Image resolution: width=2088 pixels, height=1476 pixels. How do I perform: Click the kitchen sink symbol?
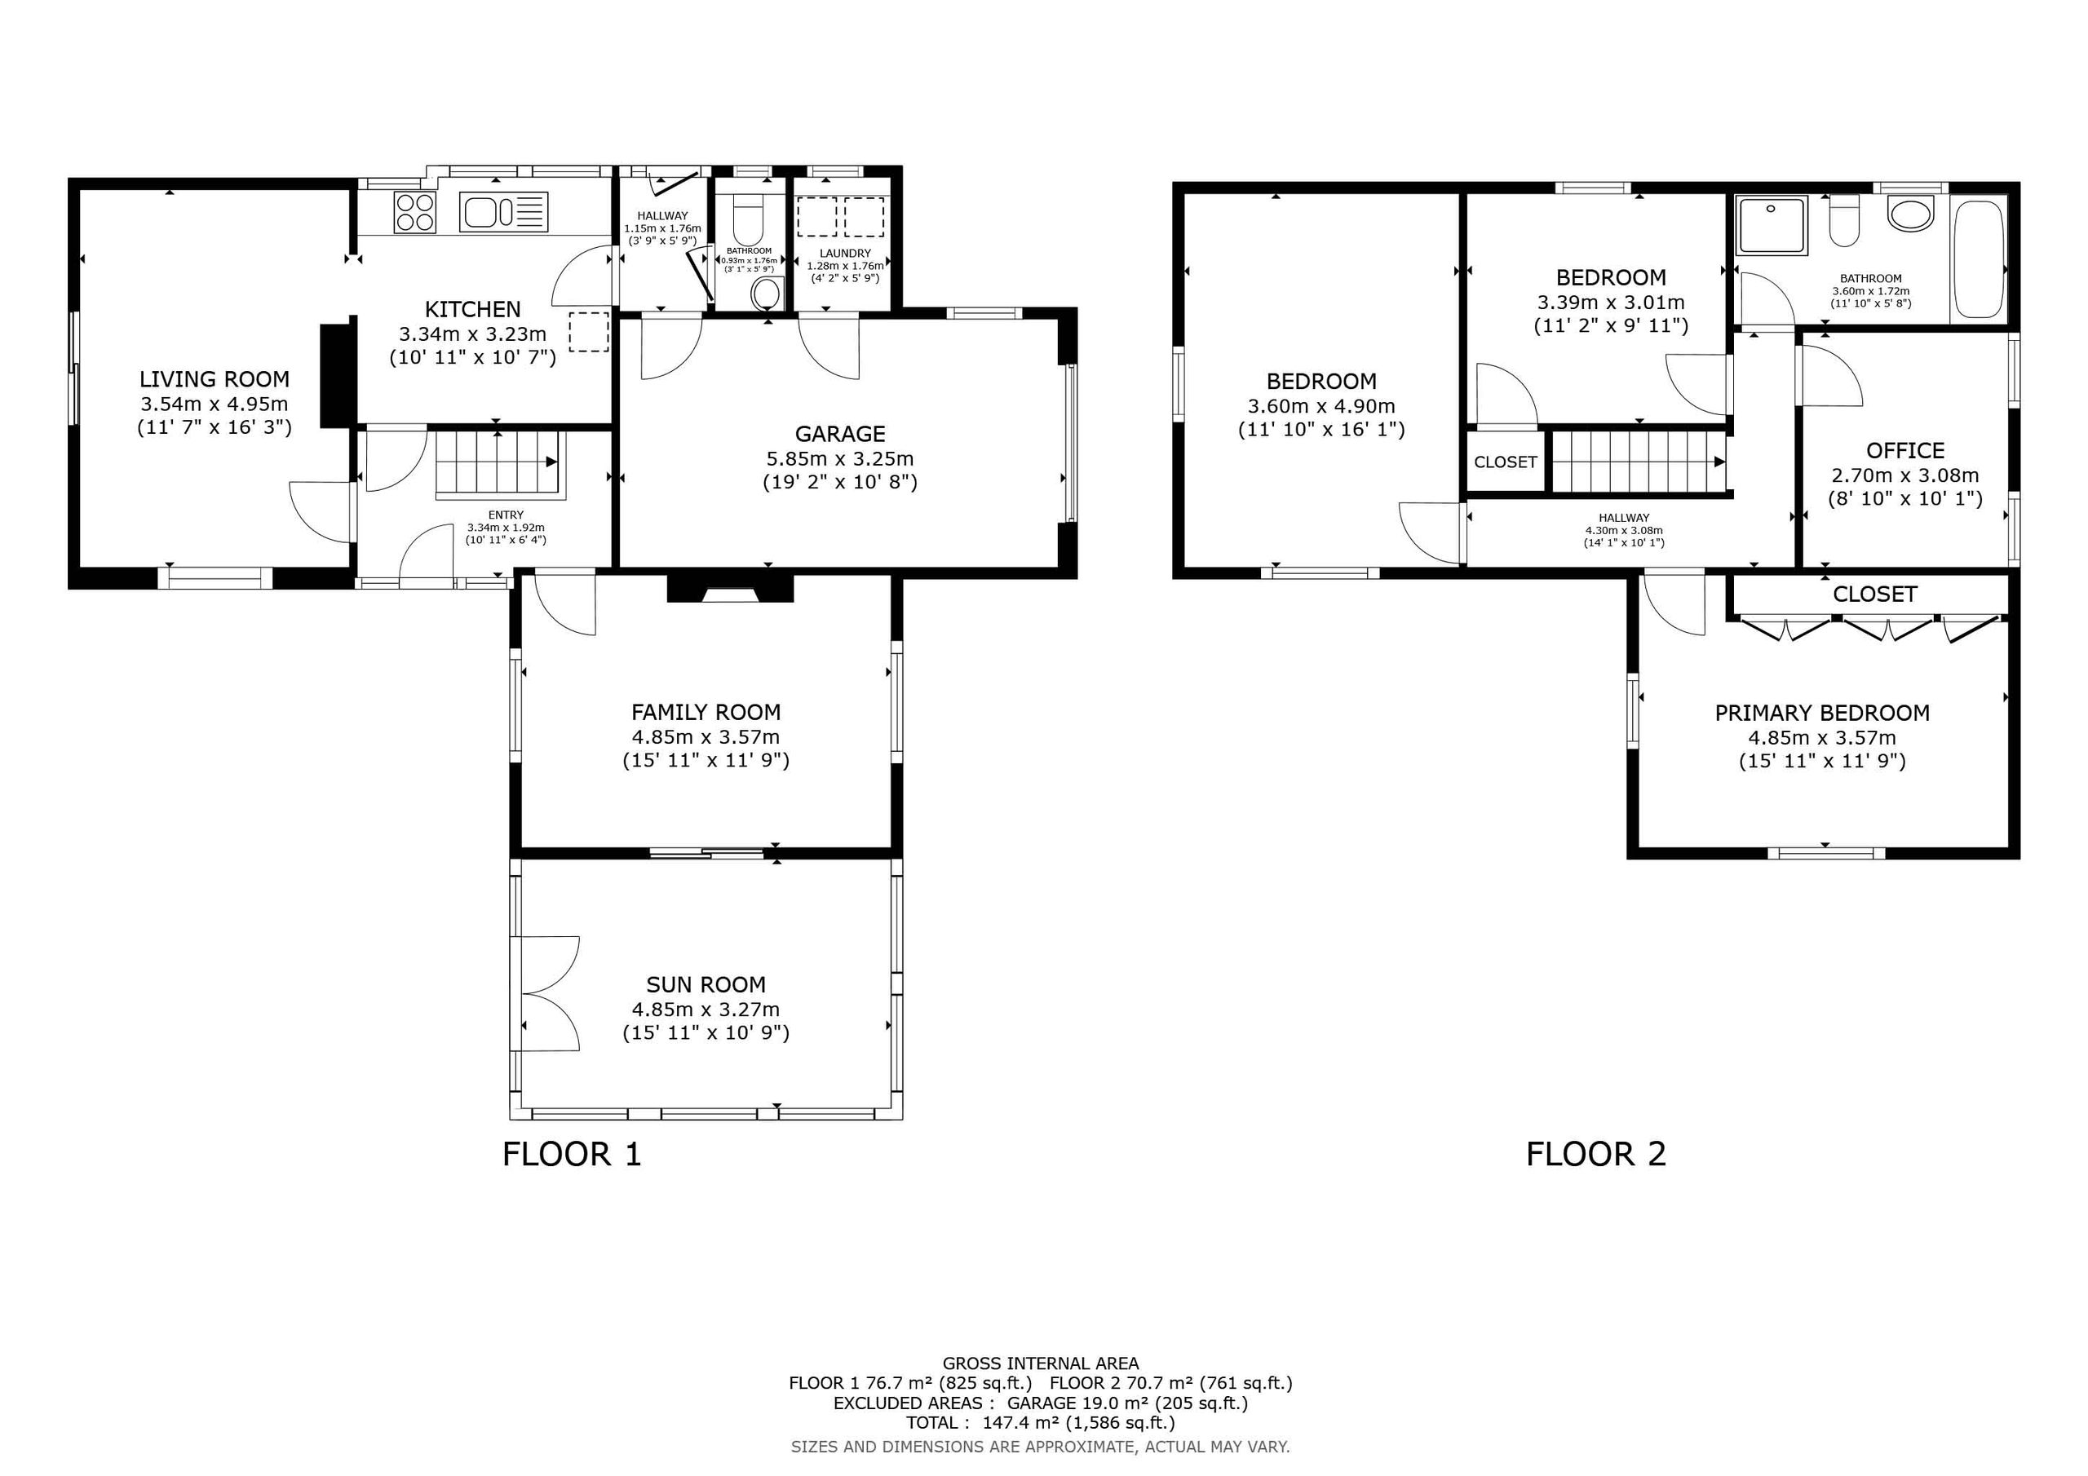[x=504, y=213]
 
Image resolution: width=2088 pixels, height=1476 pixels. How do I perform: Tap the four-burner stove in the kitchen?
[x=414, y=213]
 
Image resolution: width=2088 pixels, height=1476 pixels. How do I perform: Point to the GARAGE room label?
[x=839, y=434]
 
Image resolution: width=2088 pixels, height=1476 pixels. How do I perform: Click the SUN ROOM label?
[x=706, y=984]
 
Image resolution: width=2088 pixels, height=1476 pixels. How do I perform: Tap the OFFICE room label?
[x=1905, y=450]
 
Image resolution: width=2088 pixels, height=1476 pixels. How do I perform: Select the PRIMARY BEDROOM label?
[x=1822, y=713]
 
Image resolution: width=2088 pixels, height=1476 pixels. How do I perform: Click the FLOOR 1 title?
[x=572, y=1154]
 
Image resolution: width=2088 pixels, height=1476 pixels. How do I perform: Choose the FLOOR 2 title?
[x=1596, y=1154]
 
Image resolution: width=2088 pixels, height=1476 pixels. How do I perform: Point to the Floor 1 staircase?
[x=499, y=465]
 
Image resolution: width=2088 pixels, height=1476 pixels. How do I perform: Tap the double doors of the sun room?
[x=551, y=994]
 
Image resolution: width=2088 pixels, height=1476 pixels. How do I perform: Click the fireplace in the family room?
[x=730, y=589]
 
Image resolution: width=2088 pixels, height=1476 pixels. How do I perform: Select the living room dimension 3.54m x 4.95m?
[x=214, y=404]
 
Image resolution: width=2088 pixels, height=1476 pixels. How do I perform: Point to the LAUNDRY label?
[x=845, y=253]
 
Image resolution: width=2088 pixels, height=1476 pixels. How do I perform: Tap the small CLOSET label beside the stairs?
[x=1505, y=462]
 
